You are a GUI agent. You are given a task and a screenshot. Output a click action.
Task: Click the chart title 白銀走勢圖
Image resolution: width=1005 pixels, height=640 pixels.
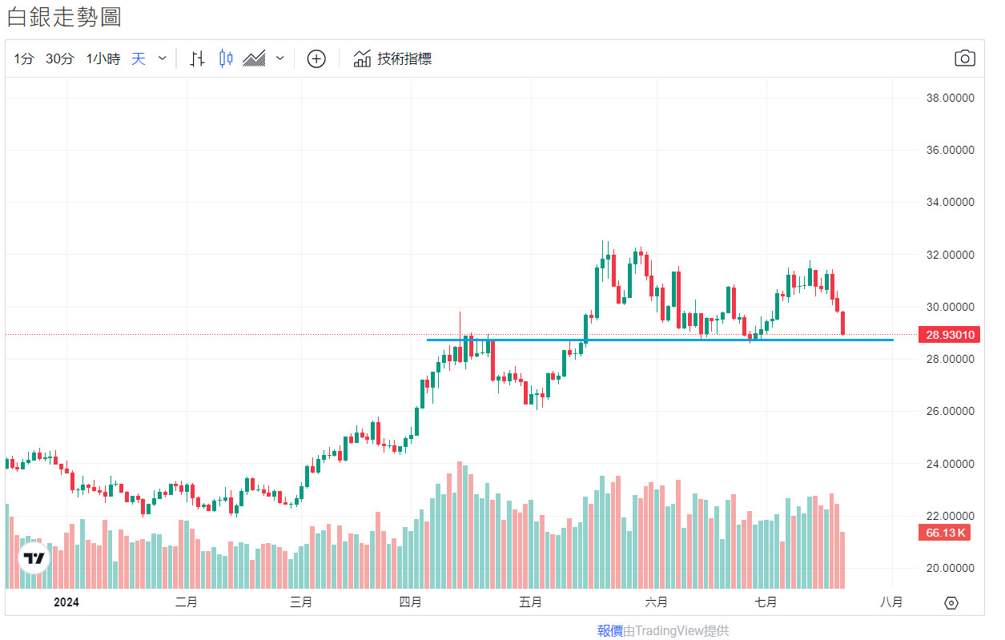coord(64,17)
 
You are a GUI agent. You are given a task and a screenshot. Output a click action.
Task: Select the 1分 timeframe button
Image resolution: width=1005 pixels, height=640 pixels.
coord(24,58)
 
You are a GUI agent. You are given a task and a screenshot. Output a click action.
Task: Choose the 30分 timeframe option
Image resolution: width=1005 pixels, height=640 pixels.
coord(60,58)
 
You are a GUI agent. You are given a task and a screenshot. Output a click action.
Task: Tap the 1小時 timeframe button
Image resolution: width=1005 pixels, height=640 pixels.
coord(103,58)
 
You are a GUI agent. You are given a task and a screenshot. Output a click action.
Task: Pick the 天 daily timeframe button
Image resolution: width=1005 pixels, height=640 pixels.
coord(139,58)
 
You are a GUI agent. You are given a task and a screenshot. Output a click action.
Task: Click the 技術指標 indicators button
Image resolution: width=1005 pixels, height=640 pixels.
coord(393,58)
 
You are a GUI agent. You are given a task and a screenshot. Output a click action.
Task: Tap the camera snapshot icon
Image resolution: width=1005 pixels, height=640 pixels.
coord(964,58)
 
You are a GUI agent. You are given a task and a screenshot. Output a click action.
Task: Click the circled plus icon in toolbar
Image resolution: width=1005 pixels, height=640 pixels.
coord(316,58)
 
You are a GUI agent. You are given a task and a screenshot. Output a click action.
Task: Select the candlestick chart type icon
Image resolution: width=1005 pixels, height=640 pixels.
coord(226,58)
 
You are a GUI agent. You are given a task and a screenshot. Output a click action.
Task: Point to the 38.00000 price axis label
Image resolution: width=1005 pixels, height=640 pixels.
coord(950,98)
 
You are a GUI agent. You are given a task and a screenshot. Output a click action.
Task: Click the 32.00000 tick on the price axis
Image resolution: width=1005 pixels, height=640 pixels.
coord(950,255)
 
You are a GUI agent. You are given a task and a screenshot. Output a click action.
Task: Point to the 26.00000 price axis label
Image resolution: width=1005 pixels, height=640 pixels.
coord(950,412)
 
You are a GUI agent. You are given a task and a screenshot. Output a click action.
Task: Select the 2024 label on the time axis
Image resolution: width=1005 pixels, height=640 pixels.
coord(67,602)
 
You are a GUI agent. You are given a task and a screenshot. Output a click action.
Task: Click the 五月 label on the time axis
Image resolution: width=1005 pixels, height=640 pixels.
coord(530,602)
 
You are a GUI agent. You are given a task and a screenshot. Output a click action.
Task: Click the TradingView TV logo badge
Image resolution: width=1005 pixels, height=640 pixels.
coord(34,558)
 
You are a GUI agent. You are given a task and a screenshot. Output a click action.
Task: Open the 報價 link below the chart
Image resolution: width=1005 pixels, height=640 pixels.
coord(610,631)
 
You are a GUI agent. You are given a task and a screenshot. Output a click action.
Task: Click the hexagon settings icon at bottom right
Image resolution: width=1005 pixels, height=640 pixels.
coord(951,603)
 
